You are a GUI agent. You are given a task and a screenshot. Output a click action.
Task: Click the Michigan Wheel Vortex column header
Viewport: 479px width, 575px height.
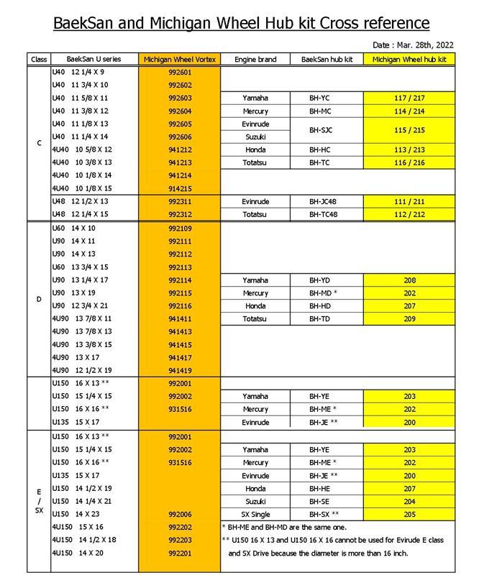(179, 59)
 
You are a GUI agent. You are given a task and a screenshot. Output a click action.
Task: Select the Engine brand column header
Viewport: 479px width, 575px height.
(255, 59)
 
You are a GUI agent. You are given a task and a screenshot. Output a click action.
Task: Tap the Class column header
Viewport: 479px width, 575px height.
(38, 59)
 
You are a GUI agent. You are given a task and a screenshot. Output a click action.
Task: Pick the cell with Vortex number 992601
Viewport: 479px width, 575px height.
(179, 72)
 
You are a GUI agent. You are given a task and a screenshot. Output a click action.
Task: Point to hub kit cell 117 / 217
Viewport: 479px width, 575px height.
(409, 98)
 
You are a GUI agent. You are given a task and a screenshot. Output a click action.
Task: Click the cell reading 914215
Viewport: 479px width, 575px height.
(179, 188)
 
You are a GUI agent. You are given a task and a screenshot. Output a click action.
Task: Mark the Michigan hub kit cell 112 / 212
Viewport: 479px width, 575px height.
(409, 214)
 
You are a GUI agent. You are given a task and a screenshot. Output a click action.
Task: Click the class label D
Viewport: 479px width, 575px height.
(38, 298)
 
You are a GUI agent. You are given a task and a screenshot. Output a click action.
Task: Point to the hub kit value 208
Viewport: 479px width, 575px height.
(409, 280)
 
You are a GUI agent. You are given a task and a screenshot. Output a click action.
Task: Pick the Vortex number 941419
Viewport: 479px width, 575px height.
(179, 370)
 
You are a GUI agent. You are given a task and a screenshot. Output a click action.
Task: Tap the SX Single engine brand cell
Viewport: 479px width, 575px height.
(255, 514)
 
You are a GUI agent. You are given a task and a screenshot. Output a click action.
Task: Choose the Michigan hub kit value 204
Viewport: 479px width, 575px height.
(409, 501)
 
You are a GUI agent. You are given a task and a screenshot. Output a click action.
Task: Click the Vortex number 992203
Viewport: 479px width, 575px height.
(179, 540)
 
